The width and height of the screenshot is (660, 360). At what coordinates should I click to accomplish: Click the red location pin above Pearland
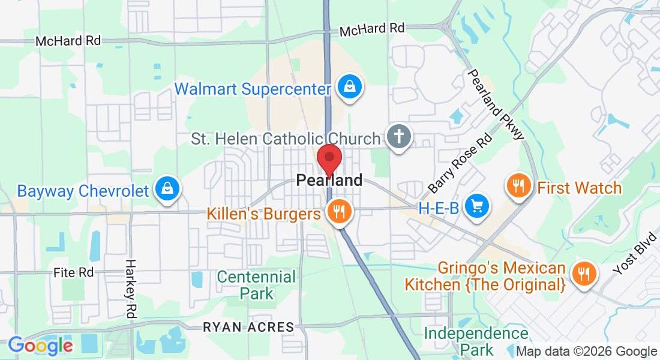[x=329, y=158]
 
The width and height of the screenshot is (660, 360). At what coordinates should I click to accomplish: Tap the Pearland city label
[x=329, y=180]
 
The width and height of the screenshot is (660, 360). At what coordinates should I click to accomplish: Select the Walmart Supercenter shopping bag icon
[x=349, y=87]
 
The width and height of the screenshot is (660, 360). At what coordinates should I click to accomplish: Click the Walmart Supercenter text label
[x=253, y=89]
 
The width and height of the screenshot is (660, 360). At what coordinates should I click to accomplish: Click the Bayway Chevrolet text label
[x=83, y=191]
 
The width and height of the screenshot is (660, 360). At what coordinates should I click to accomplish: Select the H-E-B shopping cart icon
[x=478, y=206]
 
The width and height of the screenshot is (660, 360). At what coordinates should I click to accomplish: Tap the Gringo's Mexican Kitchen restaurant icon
[x=582, y=274]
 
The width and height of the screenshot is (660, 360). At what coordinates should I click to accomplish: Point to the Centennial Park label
[x=256, y=285]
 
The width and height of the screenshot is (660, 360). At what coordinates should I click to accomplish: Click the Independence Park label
[x=476, y=341]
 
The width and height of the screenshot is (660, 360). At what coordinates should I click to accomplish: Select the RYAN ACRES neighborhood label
[x=248, y=328]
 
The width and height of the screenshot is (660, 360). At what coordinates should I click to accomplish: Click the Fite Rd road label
[x=74, y=272]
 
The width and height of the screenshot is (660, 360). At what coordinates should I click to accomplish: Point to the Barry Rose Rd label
[x=461, y=163]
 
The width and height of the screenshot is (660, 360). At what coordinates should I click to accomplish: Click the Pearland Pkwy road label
[x=496, y=104]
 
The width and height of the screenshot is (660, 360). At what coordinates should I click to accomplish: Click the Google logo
[x=40, y=345]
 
